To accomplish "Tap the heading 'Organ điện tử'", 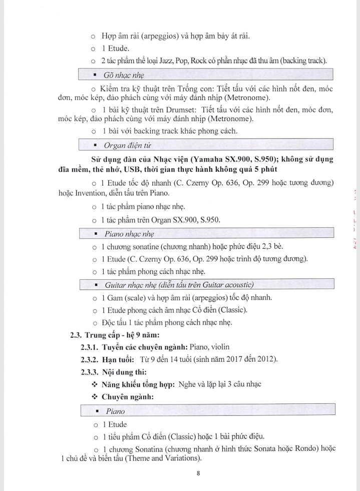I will click(x=128, y=146).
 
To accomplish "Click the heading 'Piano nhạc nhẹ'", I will click(x=130, y=234).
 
